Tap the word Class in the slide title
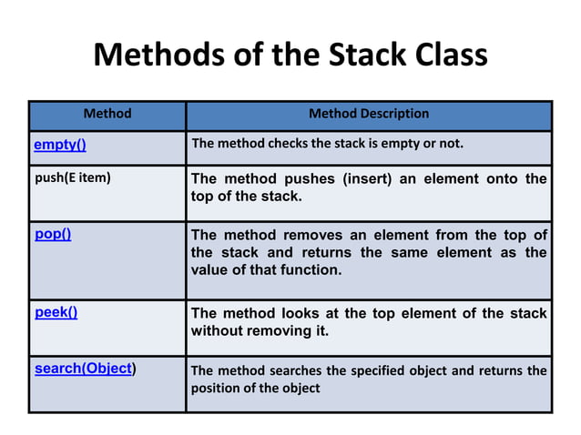[x=443, y=56]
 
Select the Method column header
[x=107, y=114]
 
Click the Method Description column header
[x=369, y=114]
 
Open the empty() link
[x=60, y=145]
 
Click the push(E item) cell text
[x=73, y=178]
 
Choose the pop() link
[x=53, y=234]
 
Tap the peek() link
[x=56, y=312]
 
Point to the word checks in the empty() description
[x=289, y=144]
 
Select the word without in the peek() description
[x=217, y=331]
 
